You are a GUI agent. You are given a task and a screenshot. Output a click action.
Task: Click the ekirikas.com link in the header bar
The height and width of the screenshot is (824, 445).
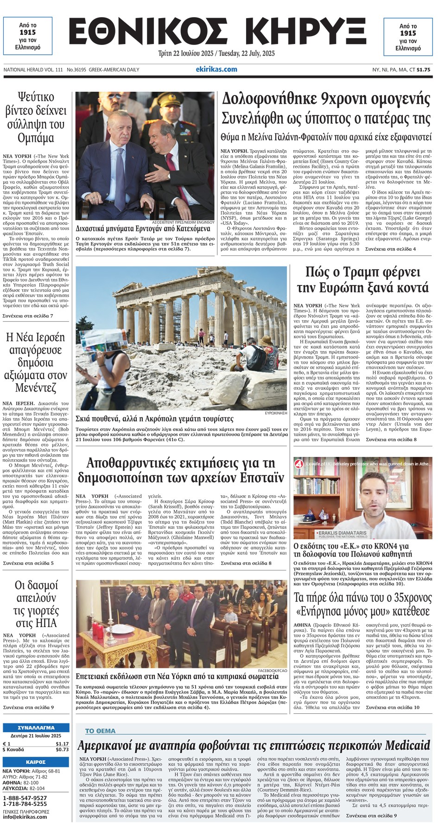click(x=216, y=69)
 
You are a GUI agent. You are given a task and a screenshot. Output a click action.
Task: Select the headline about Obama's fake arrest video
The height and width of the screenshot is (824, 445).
click(x=36, y=117)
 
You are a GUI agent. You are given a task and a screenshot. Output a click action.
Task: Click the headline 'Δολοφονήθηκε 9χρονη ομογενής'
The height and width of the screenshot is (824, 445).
click(x=326, y=99)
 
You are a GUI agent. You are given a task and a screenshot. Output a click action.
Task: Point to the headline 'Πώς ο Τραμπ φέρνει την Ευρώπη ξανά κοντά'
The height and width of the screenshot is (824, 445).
click(x=362, y=279)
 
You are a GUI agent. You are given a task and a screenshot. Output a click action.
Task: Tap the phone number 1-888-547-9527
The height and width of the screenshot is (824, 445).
click(x=25, y=798)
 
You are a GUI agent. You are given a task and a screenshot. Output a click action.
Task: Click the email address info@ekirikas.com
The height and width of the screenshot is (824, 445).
click(x=25, y=817)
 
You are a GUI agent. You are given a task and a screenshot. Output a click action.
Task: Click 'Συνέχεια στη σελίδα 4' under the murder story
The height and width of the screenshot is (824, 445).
click(x=390, y=249)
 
